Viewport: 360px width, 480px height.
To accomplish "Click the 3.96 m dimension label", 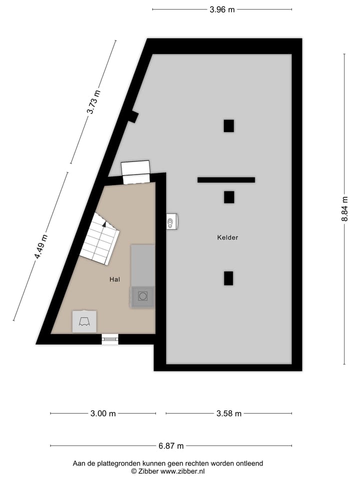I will pyautogui.click(x=222, y=9).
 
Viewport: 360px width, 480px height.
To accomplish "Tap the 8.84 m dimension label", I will pyautogui.click(x=344, y=209).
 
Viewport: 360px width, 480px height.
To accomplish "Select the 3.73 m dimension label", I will pyautogui.click(x=93, y=102).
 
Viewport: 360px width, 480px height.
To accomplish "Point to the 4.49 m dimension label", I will pyautogui.click(x=41, y=246).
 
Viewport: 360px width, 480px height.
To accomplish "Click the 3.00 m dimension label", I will pyautogui.click(x=103, y=413).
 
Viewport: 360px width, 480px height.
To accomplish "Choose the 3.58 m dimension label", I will pyautogui.click(x=229, y=413).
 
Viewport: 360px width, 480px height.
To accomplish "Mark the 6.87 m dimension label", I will pyautogui.click(x=171, y=446).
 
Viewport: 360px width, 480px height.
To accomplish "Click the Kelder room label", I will pyautogui.click(x=227, y=237).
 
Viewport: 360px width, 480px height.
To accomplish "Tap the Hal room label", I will pyautogui.click(x=114, y=279).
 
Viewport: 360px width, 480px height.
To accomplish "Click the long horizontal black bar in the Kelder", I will pyautogui.click(x=226, y=180).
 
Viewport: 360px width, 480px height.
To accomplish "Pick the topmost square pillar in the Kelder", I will pyautogui.click(x=228, y=126).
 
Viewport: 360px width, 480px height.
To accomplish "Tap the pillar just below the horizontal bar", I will pyautogui.click(x=229, y=197).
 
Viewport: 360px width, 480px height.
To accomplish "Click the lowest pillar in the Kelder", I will pyautogui.click(x=228, y=278).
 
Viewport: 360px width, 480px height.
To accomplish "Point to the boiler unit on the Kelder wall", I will pyautogui.click(x=172, y=221).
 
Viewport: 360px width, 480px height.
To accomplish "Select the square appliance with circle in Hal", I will pyautogui.click(x=143, y=296).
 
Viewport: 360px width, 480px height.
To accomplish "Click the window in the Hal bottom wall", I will pyautogui.click(x=110, y=339).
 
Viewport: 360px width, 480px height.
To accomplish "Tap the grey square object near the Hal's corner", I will pyautogui.click(x=84, y=321).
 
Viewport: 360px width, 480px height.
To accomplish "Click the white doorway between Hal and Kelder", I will pyautogui.click(x=136, y=172).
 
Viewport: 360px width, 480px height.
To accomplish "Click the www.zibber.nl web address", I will pyautogui.click(x=182, y=471).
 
